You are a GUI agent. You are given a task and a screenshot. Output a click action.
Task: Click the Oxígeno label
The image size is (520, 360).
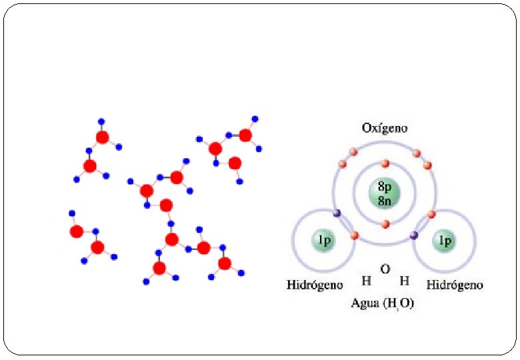[385, 127]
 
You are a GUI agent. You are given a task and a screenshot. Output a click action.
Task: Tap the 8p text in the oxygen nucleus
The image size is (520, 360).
[385, 188]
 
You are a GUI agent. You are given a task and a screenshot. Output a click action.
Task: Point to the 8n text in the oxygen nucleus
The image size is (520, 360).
[385, 200]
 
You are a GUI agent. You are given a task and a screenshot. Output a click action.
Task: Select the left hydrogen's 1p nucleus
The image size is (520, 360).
[324, 241]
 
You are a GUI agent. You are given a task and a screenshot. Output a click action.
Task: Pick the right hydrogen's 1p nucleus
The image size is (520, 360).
[444, 241]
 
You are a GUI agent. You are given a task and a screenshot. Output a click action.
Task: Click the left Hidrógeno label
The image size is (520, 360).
[315, 285]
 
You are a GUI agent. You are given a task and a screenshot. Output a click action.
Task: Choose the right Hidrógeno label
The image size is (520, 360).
[455, 285]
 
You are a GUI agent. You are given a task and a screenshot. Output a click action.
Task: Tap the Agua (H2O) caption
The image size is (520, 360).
[383, 303]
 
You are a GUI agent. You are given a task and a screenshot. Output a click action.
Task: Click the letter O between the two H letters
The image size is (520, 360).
[385, 269]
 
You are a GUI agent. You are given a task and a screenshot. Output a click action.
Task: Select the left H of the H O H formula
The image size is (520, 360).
[366, 281]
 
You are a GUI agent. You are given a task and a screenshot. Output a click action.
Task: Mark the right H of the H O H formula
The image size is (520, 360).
[404, 281]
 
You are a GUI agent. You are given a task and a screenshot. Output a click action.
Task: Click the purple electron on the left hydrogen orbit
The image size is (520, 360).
[337, 213]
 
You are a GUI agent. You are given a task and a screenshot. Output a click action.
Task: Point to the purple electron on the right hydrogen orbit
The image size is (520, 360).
[414, 235]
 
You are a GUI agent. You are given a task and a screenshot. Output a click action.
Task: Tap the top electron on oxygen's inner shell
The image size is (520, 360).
[385, 164]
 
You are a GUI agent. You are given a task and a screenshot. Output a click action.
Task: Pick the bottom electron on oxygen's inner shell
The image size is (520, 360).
[385, 225]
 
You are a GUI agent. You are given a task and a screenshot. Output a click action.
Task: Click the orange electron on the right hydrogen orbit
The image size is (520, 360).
[431, 214]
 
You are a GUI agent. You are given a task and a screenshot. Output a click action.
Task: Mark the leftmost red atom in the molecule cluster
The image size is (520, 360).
[76, 231]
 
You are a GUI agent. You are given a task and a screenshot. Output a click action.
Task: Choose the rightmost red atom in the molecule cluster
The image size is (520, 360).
[245, 136]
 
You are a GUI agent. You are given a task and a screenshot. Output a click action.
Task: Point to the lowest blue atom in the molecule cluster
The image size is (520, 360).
[147, 283]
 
